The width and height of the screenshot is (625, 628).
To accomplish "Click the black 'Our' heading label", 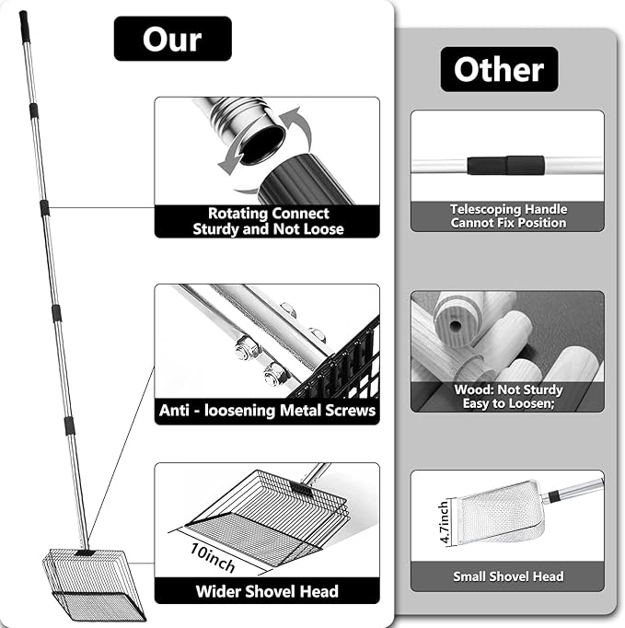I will [172, 39].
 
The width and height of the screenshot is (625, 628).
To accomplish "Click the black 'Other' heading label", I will [499, 69].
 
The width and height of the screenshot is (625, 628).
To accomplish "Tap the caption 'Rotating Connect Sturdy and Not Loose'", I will [267, 221].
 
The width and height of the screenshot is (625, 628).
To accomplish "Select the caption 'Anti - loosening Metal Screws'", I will [267, 410].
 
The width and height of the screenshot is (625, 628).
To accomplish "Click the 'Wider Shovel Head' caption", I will [267, 591].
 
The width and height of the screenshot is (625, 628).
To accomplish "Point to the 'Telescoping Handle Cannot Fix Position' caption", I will [508, 216].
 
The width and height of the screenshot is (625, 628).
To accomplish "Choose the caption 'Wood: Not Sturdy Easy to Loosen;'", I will [508, 396].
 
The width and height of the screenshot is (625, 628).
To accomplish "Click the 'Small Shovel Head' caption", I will [508, 576].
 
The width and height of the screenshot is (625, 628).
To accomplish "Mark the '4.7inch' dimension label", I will [445, 523].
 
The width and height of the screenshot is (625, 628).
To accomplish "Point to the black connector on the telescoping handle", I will [505, 166].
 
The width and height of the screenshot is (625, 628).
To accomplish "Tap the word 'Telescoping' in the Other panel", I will [485, 210].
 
